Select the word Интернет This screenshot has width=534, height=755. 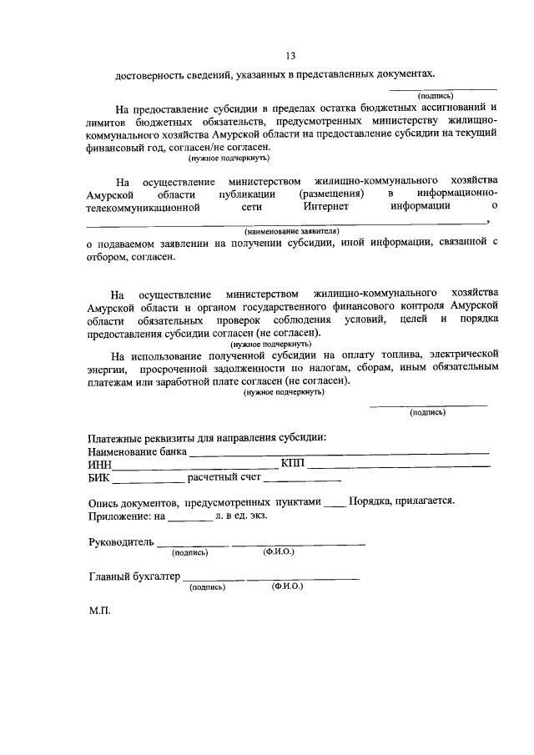(x=326, y=206)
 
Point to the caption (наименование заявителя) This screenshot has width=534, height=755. (x=291, y=229)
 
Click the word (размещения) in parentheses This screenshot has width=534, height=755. (x=330, y=194)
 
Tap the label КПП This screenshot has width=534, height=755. (x=293, y=464)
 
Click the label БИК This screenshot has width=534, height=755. (x=98, y=478)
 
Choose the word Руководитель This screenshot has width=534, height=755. (x=121, y=542)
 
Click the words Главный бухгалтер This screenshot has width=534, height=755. (x=134, y=576)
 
